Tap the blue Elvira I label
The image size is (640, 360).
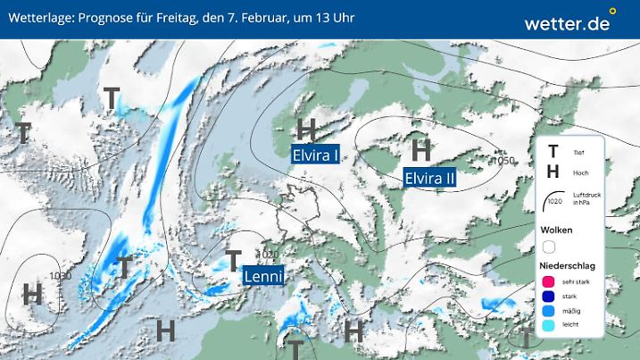click(315, 154)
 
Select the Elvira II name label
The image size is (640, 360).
click(430, 177)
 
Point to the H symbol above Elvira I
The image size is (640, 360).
click(308, 130)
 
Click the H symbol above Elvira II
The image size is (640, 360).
click(421, 147)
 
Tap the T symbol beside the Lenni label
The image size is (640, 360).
click(233, 261)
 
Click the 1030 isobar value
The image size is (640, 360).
click(61, 276)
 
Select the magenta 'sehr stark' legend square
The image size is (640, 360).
click(549, 282)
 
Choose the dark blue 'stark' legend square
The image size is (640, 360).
click(549, 297)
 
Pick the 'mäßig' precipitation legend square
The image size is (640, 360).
click(549, 311)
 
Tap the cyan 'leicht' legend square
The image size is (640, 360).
click(549, 325)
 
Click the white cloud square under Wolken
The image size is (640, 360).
click(549, 247)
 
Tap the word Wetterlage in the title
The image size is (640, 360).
click(37, 19)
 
